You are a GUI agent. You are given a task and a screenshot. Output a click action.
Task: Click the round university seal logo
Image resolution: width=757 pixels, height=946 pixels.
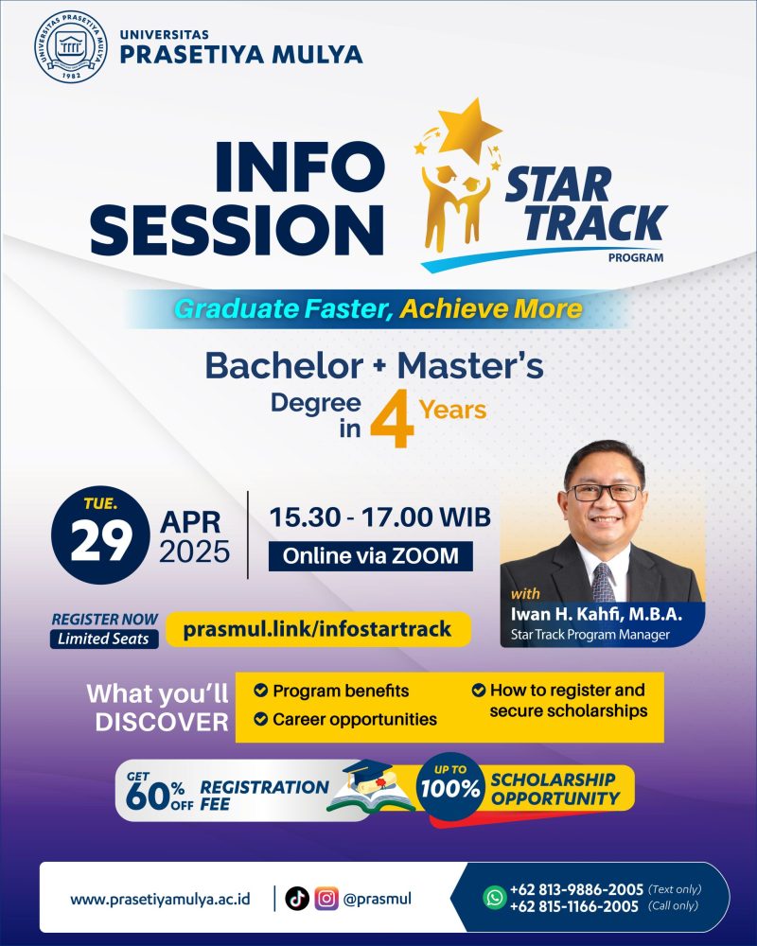[x=71, y=47]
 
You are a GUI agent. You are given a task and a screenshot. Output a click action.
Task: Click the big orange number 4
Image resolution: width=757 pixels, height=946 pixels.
[x=393, y=419]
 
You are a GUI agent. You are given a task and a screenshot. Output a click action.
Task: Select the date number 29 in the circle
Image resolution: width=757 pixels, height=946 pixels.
[x=101, y=540]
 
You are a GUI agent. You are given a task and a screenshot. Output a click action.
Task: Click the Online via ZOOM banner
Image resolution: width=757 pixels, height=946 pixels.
[x=371, y=555]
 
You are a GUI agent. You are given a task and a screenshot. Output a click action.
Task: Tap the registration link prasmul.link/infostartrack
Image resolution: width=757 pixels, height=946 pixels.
[x=318, y=629]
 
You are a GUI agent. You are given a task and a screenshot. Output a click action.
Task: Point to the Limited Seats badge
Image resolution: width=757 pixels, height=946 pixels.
[x=104, y=639]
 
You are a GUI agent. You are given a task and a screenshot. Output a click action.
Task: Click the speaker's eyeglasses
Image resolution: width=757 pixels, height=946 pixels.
[x=605, y=492]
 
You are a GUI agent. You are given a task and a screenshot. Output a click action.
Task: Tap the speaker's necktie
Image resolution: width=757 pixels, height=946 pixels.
[x=603, y=583]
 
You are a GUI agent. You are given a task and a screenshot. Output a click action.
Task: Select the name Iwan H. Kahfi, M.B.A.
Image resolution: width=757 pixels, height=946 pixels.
[x=596, y=614]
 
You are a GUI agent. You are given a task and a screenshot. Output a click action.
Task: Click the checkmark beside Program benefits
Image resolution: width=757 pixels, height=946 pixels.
[x=261, y=691]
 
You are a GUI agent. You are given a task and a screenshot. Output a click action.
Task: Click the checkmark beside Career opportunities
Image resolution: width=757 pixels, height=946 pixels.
[x=261, y=719]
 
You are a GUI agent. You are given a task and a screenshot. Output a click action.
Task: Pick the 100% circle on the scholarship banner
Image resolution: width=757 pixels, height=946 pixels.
[x=450, y=786]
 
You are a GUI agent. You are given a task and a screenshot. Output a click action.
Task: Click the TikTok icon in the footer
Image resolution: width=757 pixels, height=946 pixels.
[x=297, y=899]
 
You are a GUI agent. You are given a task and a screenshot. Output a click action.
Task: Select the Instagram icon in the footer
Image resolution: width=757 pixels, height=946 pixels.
[x=326, y=899]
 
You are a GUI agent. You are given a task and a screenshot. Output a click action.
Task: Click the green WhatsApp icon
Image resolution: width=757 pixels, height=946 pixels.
[x=494, y=898]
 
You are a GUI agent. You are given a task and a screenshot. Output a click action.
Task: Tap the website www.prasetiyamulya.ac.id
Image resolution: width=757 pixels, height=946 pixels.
[x=160, y=900]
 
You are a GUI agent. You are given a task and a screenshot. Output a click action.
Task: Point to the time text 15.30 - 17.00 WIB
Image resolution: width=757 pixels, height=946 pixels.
[x=380, y=517]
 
